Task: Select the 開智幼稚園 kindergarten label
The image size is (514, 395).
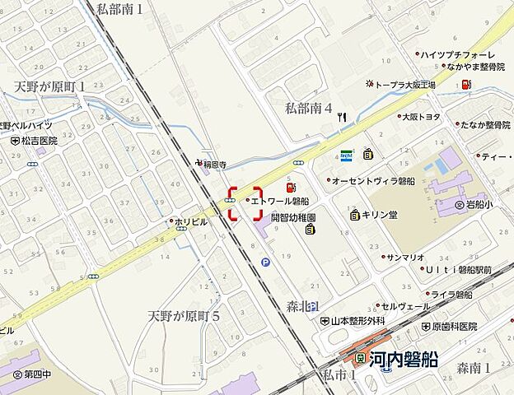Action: click(293, 219)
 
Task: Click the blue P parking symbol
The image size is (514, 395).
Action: click(265, 263)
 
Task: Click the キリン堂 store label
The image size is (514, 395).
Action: click(380, 216)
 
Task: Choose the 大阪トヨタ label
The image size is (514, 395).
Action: click(423, 117)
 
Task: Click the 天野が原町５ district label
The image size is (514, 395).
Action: click(185, 316)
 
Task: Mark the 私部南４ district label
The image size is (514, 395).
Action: click(308, 108)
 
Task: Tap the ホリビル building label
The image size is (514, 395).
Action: click(190, 221)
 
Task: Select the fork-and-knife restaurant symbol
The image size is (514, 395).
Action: click(342, 118)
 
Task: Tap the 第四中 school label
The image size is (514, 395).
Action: click(36, 374)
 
